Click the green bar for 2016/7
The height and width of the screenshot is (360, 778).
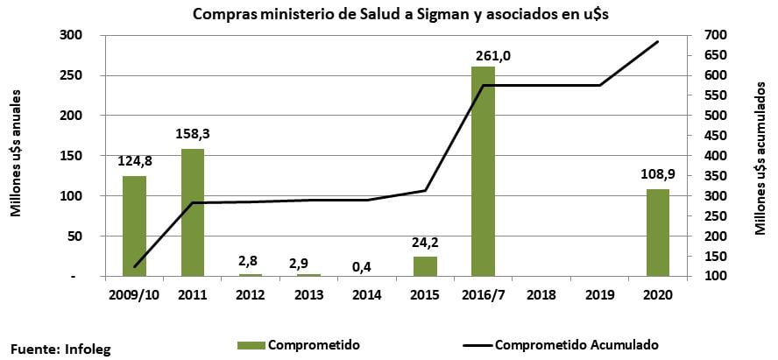click(483, 171)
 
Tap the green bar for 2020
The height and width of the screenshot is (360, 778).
click(657, 232)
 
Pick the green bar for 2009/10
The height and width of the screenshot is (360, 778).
click(134, 226)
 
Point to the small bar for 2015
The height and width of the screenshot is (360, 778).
click(425, 266)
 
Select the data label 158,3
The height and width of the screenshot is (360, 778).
click(193, 135)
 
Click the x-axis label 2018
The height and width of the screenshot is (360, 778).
click(541, 293)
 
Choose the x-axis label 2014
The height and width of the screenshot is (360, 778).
click(366, 293)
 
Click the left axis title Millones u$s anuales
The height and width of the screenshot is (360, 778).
click(16, 155)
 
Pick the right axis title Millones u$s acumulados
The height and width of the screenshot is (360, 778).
click(760, 155)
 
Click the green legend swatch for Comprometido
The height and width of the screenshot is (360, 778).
click(251, 345)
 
